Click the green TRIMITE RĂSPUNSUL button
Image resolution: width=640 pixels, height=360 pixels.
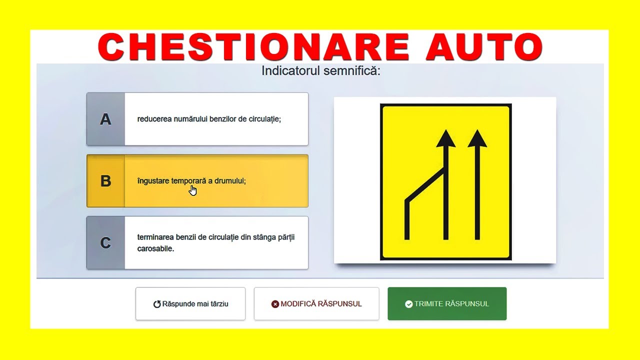point(447,303)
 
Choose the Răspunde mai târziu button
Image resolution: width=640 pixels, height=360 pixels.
point(190,303)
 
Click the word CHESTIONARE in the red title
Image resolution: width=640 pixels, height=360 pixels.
point(253,47)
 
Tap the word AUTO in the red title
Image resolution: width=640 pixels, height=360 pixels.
point(484,47)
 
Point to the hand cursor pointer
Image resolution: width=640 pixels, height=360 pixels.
point(193,190)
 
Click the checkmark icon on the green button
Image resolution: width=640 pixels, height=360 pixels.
point(409,304)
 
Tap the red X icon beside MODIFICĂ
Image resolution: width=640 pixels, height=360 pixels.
point(275,304)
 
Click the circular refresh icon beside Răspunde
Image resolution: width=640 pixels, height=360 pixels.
point(157,304)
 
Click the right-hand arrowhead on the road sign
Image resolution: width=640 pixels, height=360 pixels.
point(477,139)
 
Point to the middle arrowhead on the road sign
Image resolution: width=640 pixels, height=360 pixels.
point(445,139)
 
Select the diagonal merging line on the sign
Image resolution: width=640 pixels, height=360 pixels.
point(425,185)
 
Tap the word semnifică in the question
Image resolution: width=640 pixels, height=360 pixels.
point(352,71)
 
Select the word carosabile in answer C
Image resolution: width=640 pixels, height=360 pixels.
point(155,248)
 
